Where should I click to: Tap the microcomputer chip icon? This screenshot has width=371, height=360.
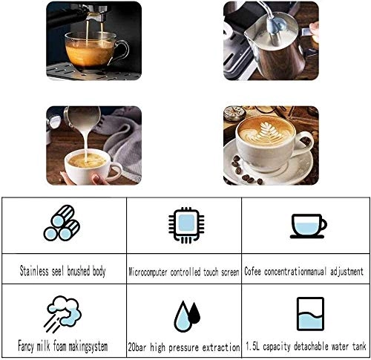click(185, 225)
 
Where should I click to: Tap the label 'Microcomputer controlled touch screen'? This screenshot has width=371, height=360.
click(184, 272)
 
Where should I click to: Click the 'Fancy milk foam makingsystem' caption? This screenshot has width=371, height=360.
click(62, 347)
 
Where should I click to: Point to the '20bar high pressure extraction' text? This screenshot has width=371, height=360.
click(184, 347)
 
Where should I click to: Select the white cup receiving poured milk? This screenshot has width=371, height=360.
click(87, 166)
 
